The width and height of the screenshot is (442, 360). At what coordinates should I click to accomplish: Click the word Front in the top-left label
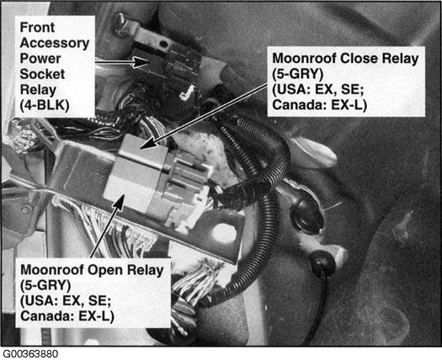tap(37, 28)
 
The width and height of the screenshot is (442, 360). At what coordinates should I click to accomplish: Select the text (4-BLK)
tap(45, 106)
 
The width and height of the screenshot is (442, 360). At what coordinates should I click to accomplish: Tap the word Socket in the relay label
tap(42, 74)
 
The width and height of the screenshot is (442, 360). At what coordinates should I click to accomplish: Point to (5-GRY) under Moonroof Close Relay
tap(298, 74)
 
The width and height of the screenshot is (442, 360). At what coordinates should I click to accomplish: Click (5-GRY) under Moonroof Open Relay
tap(45, 286)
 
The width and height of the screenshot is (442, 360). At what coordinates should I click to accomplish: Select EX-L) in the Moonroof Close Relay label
tap(349, 105)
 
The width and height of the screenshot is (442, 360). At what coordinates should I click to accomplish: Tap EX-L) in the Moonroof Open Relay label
tap(97, 316)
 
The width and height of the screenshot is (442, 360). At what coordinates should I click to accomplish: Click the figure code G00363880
tap(30, 354)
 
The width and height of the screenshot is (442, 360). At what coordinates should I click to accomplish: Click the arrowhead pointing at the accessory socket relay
tap(141, 62)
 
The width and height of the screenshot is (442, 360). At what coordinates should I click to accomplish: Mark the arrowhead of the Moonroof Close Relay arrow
tap(149, 143)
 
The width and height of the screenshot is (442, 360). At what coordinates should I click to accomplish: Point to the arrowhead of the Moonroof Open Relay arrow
tap(120, 201)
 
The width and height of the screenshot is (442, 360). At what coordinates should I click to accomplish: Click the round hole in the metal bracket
tap(224, 234)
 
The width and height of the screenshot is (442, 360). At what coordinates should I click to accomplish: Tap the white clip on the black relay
tap(187, 93)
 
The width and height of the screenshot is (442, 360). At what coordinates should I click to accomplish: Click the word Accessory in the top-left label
tap(55, 44)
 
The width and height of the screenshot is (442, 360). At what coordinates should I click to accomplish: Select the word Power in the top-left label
tap(40, 59)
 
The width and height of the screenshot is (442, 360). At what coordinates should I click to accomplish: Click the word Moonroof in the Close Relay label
tap(304, 59)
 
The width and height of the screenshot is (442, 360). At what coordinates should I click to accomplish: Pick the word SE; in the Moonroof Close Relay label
tap(353, 89)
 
